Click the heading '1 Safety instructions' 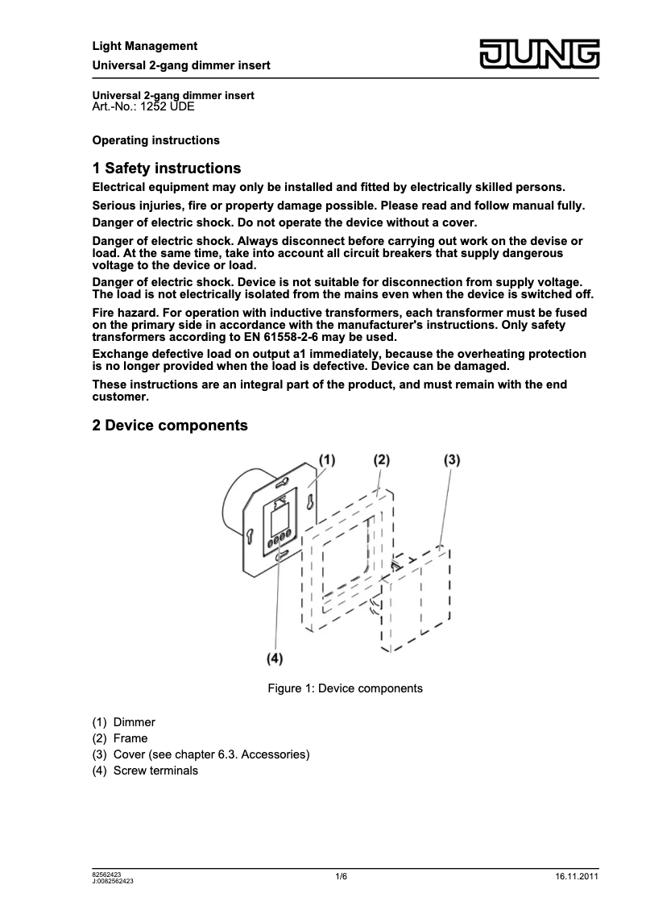[x=167, y=168]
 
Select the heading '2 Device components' [x=170, y=425]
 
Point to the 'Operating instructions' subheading [x=156, y=140]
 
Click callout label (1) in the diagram [x=326, y=459]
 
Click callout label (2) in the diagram [x=381, y=459]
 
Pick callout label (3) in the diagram [x=452, y=459]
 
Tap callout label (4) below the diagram [x=275, y=658]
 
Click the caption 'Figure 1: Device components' [x=345, y=688]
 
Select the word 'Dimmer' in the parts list [x=135, y=722]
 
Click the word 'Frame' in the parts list [x=130, y=738]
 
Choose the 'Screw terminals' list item [x=155, y=771]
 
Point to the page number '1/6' [x=342, y=876]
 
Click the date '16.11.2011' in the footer [x=577, y=876]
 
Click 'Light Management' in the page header [x=145, y=46]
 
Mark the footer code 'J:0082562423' [x=113, y=881]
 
